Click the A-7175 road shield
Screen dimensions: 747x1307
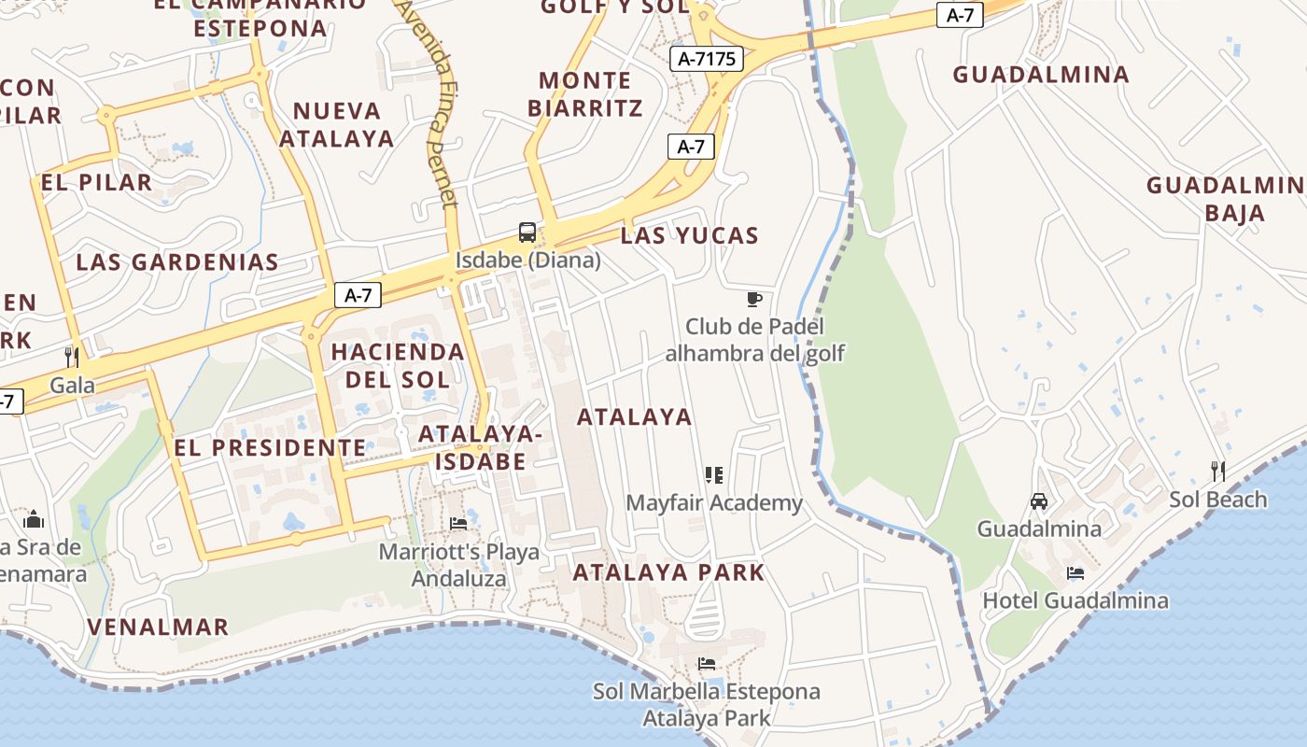707,59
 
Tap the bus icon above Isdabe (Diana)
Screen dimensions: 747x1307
527,233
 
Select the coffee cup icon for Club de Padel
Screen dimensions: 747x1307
754,299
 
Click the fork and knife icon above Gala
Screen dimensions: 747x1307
71,357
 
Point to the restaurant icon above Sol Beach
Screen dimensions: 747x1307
1217,471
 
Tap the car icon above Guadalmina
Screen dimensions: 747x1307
1039,501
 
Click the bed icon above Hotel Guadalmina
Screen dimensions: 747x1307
1075,572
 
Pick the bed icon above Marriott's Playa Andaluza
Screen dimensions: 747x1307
458,524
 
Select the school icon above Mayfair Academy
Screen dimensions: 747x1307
714,475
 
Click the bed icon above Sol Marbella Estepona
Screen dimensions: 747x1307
707,664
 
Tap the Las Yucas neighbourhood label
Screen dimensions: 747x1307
690,235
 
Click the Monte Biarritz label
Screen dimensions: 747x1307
585,94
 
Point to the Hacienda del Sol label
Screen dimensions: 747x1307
398,365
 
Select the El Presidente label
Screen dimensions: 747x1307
271,447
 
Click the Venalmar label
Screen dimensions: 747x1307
158,627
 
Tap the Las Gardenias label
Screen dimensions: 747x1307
177,261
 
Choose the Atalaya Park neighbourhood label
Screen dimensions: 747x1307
668,571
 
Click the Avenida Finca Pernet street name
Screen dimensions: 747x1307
430,103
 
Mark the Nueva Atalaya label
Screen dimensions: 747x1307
336,124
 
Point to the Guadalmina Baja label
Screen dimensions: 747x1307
1223,198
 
